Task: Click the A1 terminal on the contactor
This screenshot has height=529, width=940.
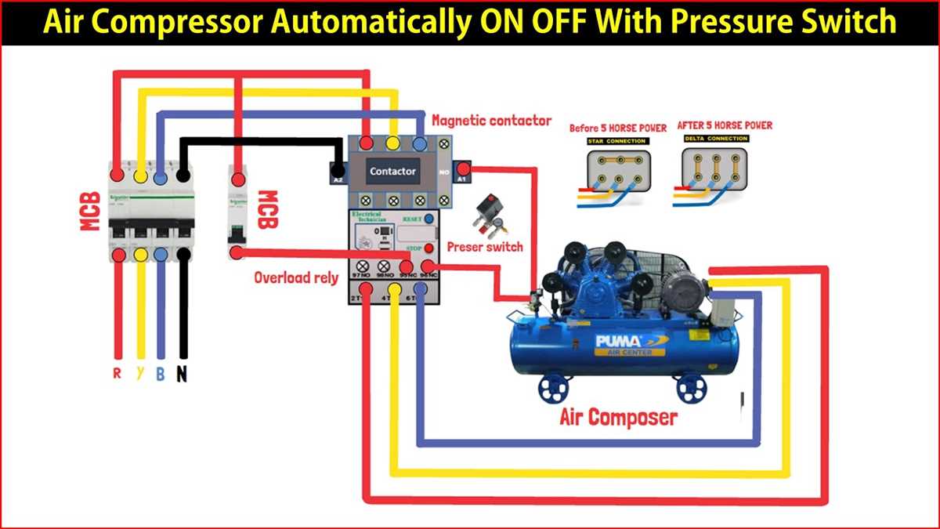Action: coord(463,169)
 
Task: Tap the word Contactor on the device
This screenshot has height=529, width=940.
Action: coord(393,171)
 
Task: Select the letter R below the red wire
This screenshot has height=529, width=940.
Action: coord(117,373)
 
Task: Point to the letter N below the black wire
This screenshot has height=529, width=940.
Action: coord(182,374)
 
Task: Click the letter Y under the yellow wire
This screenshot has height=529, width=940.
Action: coord(139,373)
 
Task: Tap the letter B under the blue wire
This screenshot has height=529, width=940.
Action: coord(160,374)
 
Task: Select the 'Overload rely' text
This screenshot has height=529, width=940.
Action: coord(295,277)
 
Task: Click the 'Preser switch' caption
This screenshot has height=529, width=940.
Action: coord(485,247)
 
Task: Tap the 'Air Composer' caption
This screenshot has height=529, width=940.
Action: coord(618,416)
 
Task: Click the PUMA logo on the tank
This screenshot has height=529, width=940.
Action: coord(619,341)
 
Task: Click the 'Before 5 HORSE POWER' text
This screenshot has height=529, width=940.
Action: coord(618,128)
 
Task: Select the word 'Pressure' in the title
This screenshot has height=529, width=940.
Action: coord(753,21)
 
